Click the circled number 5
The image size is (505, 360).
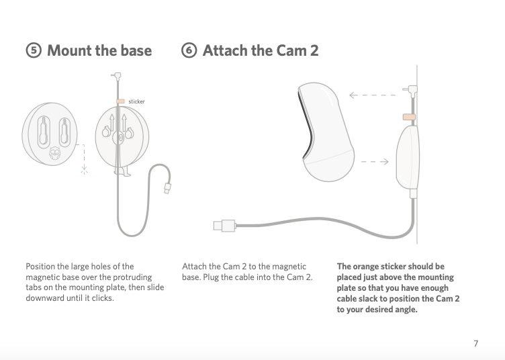(x=33, y=51)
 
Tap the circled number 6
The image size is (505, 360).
(x=189, y=51)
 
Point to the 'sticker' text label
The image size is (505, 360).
(x=136, y=101)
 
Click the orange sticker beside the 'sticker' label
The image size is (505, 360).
(x=120, y=101)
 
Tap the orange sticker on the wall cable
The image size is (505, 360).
(x=408, y=117)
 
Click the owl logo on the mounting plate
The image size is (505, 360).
(x=55, y=154)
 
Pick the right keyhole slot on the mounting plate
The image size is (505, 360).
(x=66, y=130)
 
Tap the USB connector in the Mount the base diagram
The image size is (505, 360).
(x=167, y=190)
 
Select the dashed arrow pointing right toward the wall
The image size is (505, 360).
(x=376, y=161)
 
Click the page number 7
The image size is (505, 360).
(x=475, y=344)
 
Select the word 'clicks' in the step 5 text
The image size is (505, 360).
(x=101, y=298)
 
